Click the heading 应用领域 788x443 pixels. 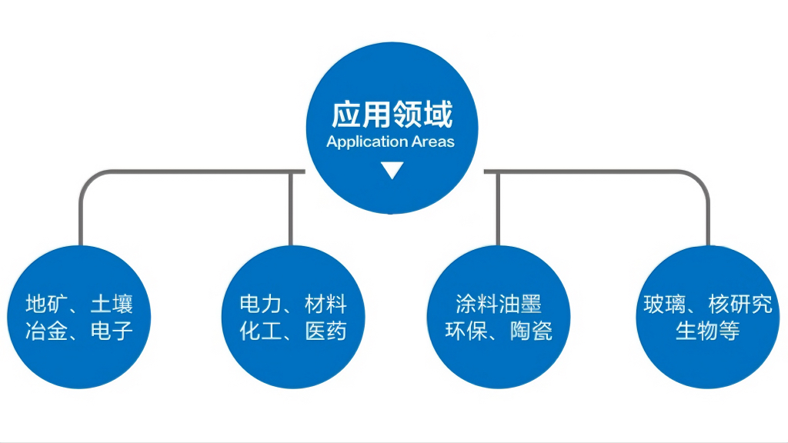[392, 115]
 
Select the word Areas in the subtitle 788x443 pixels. [432, 142]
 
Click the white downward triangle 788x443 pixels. [392, 170]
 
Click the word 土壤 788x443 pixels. [112, 305]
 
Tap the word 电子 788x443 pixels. [112, 331]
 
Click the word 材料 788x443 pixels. [326, 305]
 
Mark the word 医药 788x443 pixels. [326, 331]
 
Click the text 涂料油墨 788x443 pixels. [499, 305]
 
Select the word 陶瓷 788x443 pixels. [532, 331]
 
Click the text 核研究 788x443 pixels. [740, 305]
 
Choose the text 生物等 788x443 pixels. [707, 331]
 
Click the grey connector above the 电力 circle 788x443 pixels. [291, 208]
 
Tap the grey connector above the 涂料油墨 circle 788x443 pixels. [498, 208]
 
